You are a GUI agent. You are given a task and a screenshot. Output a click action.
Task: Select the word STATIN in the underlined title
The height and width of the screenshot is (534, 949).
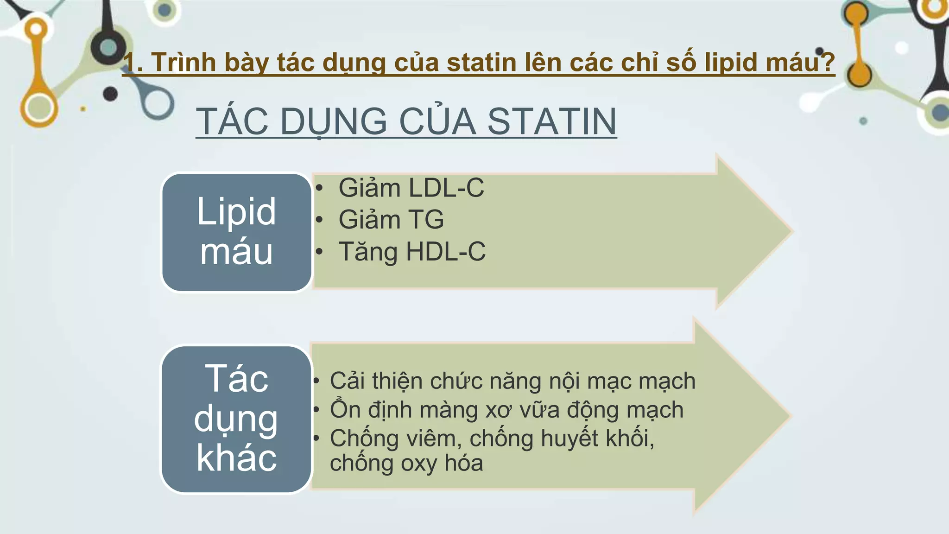pyautogui.click(x=552, y=121)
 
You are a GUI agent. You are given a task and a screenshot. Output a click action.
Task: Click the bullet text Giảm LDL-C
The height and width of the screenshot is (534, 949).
pyautogui.click(x=411, y=188)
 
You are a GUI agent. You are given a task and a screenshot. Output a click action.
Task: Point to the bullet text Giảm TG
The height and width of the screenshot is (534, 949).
pyautogui.click(x=391, y=219)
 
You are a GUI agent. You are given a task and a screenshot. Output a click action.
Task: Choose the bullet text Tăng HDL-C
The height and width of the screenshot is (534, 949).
pyautogui.click(x=412, y=252)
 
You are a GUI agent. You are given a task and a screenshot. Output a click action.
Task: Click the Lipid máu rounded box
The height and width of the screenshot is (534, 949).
pyautogui.click(x=236, y=232)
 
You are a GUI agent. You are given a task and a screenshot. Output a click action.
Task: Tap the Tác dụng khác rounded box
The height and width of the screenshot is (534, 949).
pyautogui.click(x=236, y=419)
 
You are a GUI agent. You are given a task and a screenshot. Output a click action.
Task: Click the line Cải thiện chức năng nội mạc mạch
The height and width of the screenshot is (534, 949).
pyautogui.click(x=512, y=381)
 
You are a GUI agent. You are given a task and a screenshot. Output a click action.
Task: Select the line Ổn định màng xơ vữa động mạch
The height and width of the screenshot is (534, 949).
pyautogui.click(x=506, y=410)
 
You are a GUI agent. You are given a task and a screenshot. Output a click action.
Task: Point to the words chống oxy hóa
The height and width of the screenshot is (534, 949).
pyautogui.click(x=406, y=463)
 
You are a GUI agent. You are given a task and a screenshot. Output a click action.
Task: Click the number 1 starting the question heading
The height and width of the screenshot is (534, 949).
pyautogui.click(x=130, y=62)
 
